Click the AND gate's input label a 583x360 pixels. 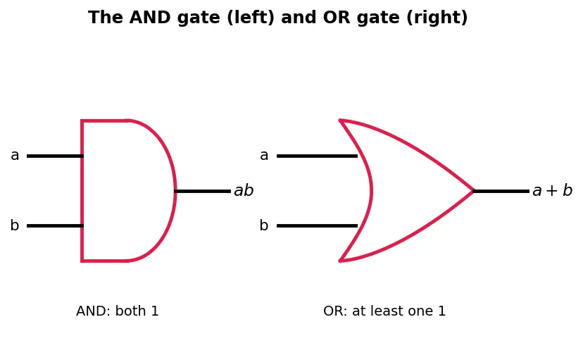click(x=15, y=156)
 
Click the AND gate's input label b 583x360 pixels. click(x=15, y=225)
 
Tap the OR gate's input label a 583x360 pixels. click(x=264, y=156)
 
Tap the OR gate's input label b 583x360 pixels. click(x=264, y=225)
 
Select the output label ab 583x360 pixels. click(x=244, y=190)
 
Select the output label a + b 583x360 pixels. click(x=553, y=190)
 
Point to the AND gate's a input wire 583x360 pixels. click(x=55, y=156)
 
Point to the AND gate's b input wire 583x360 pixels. click(x=55, y=225)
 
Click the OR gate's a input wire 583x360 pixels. click(x=317, y=156)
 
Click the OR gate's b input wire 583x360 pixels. click(x=317, y=225)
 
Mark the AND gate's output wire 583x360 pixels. click(x=203, y=191)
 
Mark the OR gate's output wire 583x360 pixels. click(x=501, y=191)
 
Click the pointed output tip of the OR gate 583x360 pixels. click(x=473, y=191)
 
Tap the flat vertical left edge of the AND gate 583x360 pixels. click(x=82, y=191)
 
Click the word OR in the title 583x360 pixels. click(x=337, y=18)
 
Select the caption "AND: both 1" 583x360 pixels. click(x=118, y=311)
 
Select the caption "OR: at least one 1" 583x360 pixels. click(x=384, y=311)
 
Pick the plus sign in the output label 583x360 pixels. click(x=552, y=191)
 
